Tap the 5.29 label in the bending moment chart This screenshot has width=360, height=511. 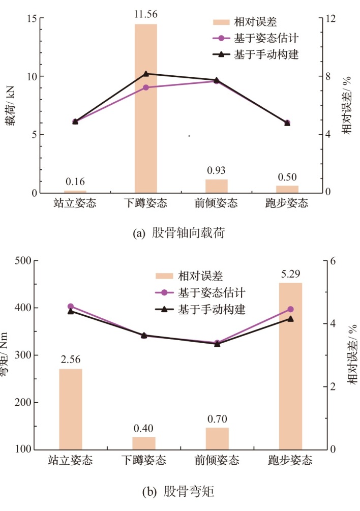pyautogui.click(x=290, y=275)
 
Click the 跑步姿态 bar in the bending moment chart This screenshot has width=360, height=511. pyautogui.click(x=290, y=366)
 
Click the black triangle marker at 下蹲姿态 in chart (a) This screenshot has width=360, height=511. pyautogui.click(x=146, y=74)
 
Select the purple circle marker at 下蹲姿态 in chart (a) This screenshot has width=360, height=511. pyautogui.click(x=146, y=87)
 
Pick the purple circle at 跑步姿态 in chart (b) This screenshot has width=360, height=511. pyautogui.click(x=290, y=309)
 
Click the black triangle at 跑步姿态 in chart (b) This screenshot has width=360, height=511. pyautogui.click(x=290, y=319)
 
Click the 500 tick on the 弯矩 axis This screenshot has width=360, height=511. pyautogui.click(x=26, y=261)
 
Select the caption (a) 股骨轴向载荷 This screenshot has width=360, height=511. pyautogui.click(x=178, y=233)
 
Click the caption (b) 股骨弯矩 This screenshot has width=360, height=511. pyautogui.click(x=178, y=492)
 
